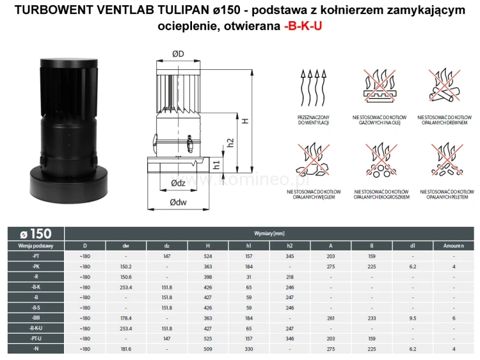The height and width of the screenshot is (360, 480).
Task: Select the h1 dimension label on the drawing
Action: [216, 165]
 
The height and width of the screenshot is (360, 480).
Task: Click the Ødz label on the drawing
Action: [179, 183]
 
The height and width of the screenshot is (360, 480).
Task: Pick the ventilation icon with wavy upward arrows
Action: [313, 85]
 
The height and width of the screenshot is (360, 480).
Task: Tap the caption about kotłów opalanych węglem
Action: [314, 194]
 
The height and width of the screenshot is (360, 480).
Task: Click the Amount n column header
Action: [452, 245]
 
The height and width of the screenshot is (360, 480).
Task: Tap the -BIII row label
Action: [36, 317]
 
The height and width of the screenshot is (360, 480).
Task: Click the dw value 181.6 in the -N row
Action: [126, 348]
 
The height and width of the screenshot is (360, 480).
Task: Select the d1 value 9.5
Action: [413, 317]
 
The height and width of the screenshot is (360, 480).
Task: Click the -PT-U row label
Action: [36, 338]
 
